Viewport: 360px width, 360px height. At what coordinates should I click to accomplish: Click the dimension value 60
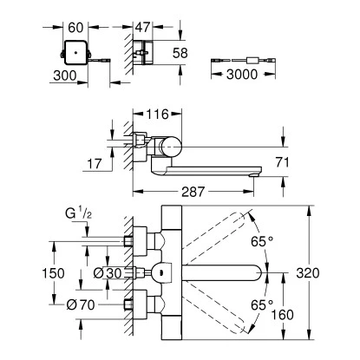75,28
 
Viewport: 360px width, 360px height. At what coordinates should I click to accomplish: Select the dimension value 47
143,27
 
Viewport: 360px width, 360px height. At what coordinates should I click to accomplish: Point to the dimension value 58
180,53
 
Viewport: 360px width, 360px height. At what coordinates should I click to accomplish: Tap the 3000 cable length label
242,75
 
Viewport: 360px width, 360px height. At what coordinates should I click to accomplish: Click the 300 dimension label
65,75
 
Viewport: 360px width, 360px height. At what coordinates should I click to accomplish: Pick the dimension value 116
157,115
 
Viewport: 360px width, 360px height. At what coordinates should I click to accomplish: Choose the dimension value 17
95,164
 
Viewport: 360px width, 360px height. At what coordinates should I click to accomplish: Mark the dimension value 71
282,162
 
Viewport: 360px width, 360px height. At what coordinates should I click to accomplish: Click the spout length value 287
193,192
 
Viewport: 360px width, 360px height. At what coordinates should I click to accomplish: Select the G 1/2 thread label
78,214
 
